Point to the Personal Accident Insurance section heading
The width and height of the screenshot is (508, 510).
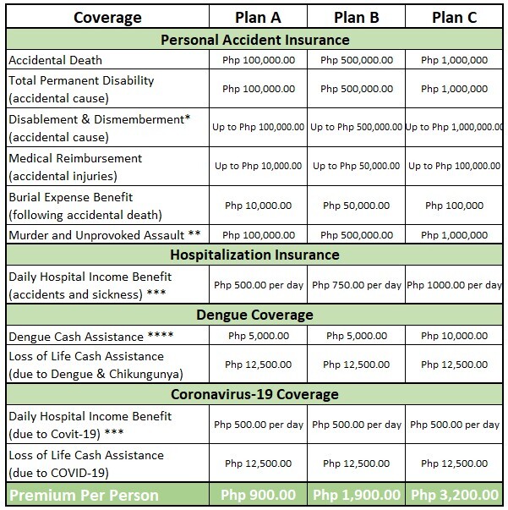[x=254, y=40]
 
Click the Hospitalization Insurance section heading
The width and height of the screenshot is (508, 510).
[x=254, y=254]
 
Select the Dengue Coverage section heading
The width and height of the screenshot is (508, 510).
[x=254, y=315]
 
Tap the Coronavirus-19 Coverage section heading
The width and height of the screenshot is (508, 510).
[x=254, y=394]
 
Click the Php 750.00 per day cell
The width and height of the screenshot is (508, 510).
[x=356, y=284]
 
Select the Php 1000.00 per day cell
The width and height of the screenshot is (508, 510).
[x=454, y=284]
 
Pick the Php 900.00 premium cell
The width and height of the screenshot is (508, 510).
[x=257, y=494]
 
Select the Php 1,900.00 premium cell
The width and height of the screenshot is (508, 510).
[x=356, y=494]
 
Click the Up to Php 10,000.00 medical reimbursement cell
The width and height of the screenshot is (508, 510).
[x=257, y=166]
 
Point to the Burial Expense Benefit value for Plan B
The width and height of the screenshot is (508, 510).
[x=356, y=205]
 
